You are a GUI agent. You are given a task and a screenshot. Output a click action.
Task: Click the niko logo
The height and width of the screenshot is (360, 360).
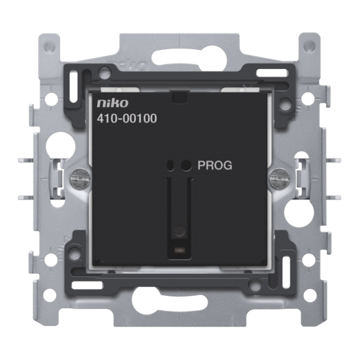pyautogui.click(x=112, y=103)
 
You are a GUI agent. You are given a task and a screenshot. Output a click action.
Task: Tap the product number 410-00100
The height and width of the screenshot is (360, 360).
pyautogui.click(x=127, y=119)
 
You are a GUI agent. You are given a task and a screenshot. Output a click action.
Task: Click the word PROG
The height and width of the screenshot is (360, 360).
pyautogui.click(x=215, y=165)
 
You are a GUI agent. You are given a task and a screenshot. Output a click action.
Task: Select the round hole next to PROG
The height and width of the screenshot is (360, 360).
pyautogui.click(x=186, y=165)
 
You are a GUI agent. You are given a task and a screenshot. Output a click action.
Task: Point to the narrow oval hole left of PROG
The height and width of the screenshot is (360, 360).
pyautogui.click(x=171, y=165)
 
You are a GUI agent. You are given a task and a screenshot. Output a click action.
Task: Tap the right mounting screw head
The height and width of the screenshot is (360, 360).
pyautogui.click(x=279, y=177)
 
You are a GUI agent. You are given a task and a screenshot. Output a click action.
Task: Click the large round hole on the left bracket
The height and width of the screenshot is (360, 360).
pyautogui.click(x=61, y=146)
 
